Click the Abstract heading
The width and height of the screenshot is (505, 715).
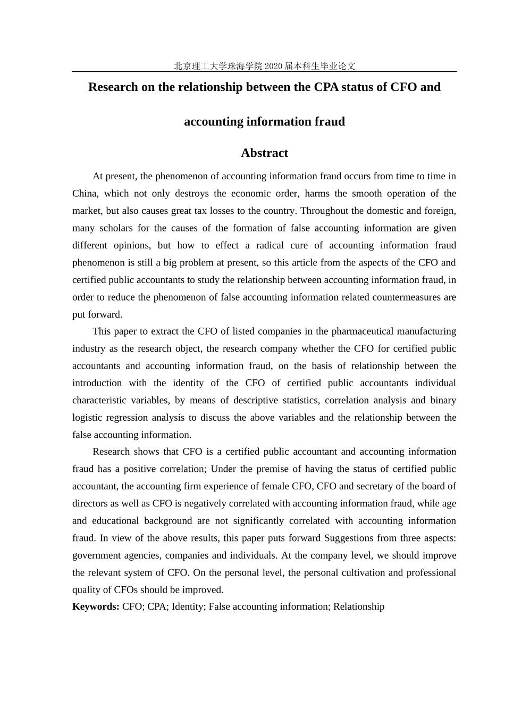pos(264,153)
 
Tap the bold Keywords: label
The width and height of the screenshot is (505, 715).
pos(96,606)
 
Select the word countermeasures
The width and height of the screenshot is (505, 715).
pos(407,297)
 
